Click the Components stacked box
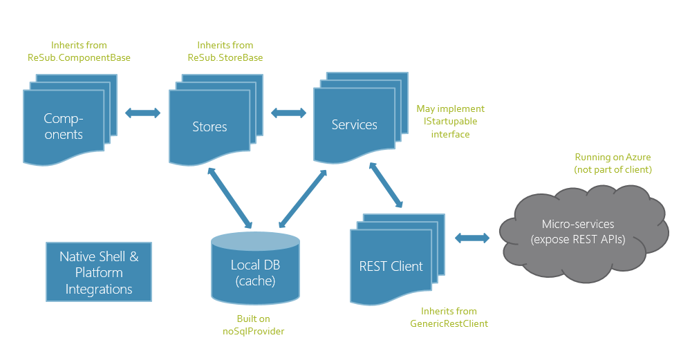[x=64, y=126]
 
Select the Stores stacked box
[x=210, y=126]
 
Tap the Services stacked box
[x=355, y=125]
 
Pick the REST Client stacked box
[x=391, y=266]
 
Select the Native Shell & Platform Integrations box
[x=99, y=272]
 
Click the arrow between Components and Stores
[x=142, y=113]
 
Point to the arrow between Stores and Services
[x=289, y=113]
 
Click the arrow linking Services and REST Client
[x=386, y=185]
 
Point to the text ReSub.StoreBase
[x=225, y=57]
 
